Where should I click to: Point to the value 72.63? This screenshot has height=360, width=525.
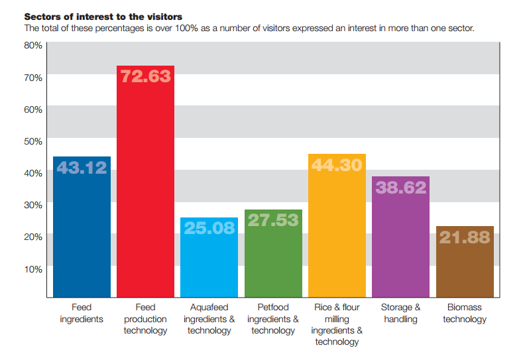point(145,76)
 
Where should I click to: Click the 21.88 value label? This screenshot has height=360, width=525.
point(465,237)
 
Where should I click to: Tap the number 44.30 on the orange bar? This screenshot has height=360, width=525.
point(337,165)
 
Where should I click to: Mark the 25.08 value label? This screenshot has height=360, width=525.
point(209,228)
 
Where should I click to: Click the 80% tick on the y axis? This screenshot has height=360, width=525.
point(33,45)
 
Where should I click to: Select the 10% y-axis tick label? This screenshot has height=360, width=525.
point(33,269)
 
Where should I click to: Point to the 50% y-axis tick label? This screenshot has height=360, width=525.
point(33,141)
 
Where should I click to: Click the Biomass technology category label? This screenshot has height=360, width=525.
point(465,314)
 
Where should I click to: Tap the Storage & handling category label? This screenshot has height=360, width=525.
point(401,314)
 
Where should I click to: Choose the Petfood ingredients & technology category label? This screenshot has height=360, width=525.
point(273,319)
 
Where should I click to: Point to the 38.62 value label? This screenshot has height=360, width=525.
point(401,188)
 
